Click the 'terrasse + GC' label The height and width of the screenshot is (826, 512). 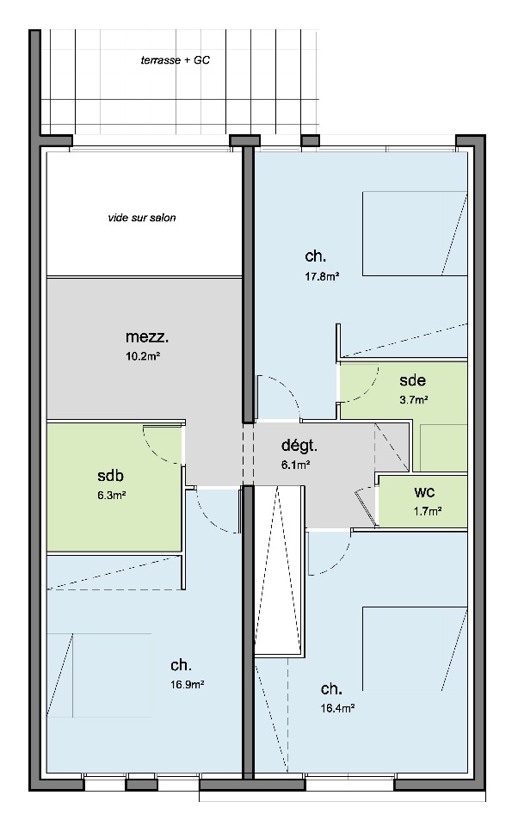[x=175, y=60]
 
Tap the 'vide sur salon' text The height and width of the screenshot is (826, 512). [x=142, y=218]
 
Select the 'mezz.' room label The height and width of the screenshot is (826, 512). [x=147, y=336]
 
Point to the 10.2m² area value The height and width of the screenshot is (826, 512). [x=143, y=356]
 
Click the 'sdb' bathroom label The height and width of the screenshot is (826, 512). [x=111, y=476]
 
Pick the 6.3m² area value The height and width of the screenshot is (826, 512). [x=111, y=496]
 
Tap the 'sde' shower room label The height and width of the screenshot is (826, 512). [x=412, y=380]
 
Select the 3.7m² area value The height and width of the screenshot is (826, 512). [x=414, y=400]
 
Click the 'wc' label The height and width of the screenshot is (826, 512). [x=424, y=492]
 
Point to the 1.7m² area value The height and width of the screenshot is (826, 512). [x=427, y=510]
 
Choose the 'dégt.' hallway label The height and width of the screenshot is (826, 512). [x=299, y=446]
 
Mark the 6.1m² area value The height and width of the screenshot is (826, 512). [x=295, y=465]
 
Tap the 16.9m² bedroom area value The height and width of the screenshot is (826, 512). [x=188, y=685]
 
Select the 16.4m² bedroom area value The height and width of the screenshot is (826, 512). [x=337, y=708]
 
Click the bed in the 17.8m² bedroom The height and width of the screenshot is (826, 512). [x=415, y=234]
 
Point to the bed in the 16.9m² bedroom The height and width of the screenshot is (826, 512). [x=100, y=675]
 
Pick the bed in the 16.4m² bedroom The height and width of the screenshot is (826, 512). [x=415, y=649]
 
